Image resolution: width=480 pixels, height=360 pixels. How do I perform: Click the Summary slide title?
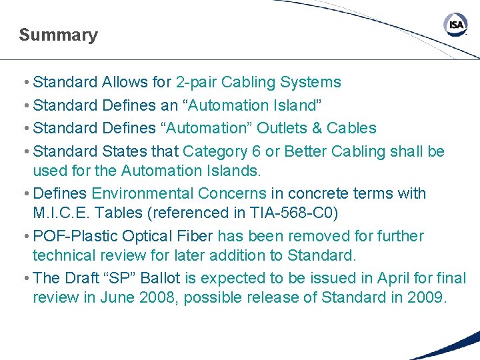[58, 35]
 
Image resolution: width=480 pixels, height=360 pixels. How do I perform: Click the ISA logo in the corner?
[456, 25]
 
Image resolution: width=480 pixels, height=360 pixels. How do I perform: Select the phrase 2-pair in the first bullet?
[196, 83]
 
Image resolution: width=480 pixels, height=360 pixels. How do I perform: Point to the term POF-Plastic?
[71, 236]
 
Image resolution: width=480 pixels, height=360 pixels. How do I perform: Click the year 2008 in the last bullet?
[157, 297]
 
